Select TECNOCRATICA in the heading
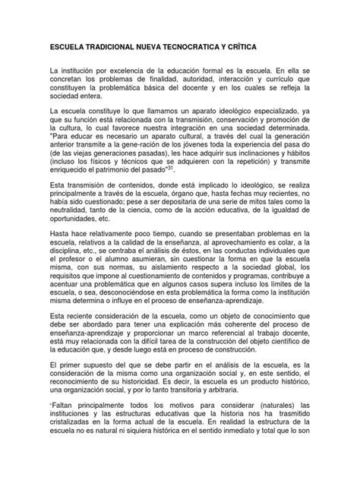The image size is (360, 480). point(205,47)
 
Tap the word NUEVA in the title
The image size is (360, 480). point(156,47)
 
